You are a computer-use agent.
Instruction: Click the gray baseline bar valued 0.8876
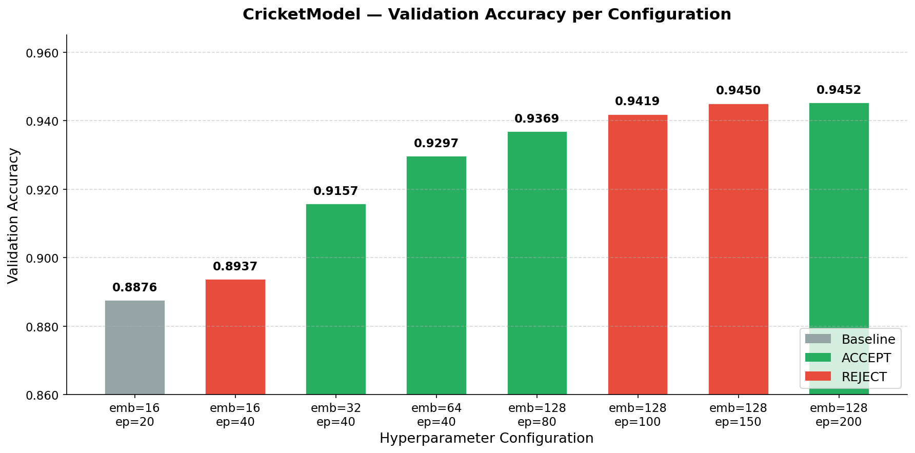pos(135,347)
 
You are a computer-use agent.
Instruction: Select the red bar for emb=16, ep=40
pos(235,337)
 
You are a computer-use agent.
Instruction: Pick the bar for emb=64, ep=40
pos(436,275)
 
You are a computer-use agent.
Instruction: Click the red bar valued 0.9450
pos(738,249)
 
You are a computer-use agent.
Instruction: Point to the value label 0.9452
pos(839,90)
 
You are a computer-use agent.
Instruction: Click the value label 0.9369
pos(536,119)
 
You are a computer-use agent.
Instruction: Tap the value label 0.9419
pos(637,102)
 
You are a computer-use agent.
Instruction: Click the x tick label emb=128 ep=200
pos(839,415)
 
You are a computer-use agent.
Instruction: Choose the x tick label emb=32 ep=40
pos(336,415)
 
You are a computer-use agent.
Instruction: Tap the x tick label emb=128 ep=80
pos(537,415)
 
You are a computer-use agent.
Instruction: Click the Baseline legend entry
pos(868,339)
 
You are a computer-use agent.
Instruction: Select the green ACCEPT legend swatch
pos(818,358)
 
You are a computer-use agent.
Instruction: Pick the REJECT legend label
pos(864,377)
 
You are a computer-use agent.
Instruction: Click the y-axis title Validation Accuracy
pos(13,215)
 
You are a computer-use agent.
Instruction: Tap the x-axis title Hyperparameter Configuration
pos(486,439)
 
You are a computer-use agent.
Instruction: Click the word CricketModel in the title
pos(302,14)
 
